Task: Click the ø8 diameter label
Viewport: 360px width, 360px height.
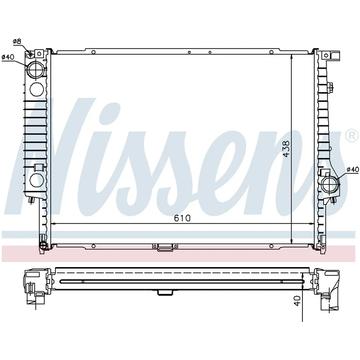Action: [x=17, y=41]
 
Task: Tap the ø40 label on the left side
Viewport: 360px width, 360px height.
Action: [x=8, y=57]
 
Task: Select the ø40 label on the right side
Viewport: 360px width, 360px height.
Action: [x=352, y=170]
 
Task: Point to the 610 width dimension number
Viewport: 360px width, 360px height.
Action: [x=182, y=218]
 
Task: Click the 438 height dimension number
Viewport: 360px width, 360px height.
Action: [x=286, y=149]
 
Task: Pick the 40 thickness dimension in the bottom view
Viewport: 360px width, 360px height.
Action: [x=297, y=301]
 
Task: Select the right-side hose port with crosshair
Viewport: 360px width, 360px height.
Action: [x=330, y=184]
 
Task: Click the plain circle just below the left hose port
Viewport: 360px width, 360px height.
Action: [x=37, y=89]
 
